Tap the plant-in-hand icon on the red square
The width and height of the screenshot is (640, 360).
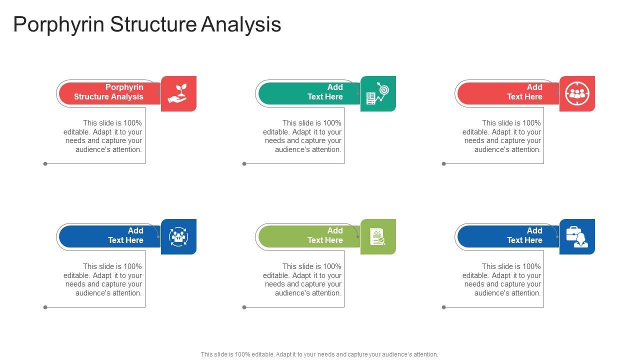click(x=178, y=93)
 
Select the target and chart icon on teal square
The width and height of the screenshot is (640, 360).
click(x=378, y=93)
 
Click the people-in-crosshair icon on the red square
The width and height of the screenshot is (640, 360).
click(x=577, y=93)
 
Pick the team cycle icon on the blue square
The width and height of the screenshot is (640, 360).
click(x=178, y=236)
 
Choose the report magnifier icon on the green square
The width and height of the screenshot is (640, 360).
click(x=378, y=236)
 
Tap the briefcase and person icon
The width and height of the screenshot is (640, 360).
click(x=577, y=236)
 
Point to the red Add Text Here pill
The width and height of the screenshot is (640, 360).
click(x=507, y=92)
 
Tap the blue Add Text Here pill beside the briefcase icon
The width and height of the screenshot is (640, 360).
click(x=507, y=235)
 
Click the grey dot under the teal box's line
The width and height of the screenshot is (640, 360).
click(x=244, y=163)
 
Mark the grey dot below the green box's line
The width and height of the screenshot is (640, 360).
click(x=244, y=307)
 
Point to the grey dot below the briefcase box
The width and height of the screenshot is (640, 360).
click(x=444, y=307)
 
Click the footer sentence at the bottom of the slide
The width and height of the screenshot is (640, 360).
click(x=319, y=354)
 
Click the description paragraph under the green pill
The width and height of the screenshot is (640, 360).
click(x=302, y=279)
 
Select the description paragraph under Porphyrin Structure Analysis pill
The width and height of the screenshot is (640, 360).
click(x=103, y=136)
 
